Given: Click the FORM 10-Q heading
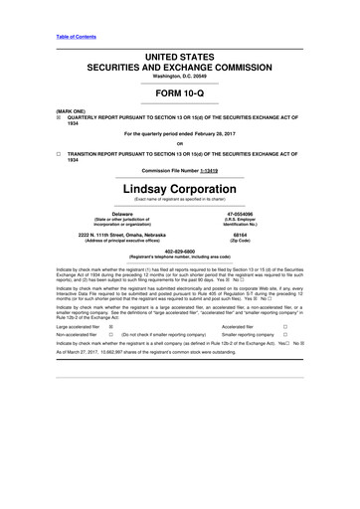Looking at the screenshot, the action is pyautogui.click(x=180, y=86).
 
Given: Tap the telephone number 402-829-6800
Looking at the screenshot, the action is pyautogui.click(x=180, y=251).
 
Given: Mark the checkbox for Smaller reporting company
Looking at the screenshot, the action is pyautogui.click(x=285, y=336).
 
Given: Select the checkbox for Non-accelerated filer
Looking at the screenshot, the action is pyautogui.click(x=109, y=336).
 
